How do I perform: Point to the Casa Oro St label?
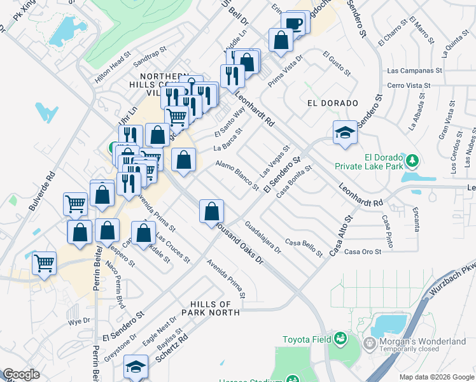click(362, 251)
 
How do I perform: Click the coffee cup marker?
click(294, 23)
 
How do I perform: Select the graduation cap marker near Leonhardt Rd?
click(345, 132)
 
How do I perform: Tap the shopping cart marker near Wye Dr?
click(44, 262)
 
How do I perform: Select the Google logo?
click(21, 374)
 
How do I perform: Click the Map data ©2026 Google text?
click(437, 377)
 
